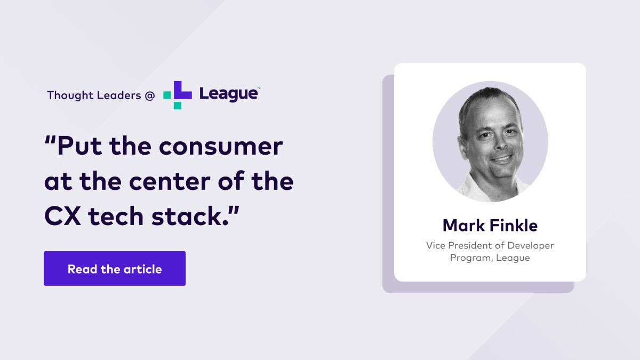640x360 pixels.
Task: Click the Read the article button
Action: coord(115,269)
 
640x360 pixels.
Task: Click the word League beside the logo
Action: coord(228,94)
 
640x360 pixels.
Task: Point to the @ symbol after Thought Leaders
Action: coord(150,95)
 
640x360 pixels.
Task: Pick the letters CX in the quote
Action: coord(62,217)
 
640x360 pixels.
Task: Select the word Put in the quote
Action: coord(77,146)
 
